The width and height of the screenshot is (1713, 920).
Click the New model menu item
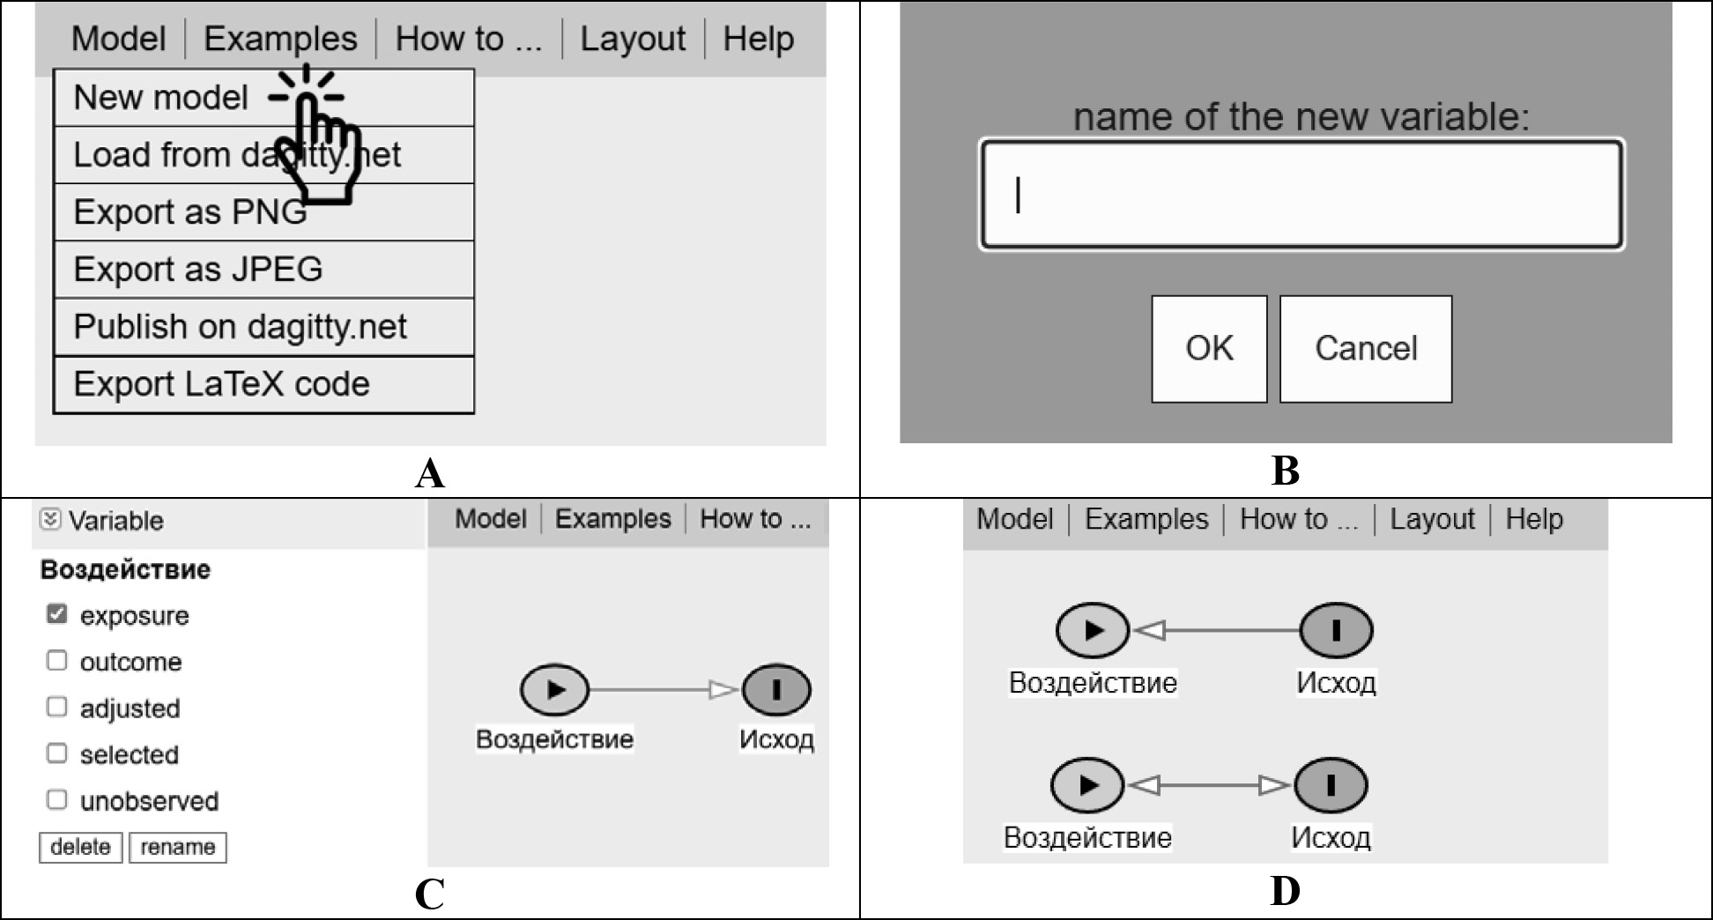[x=160, y=98]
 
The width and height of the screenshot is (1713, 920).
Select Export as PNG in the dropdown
[x=190, y=212]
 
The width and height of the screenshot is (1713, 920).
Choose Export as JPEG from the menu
[x=198, y=270]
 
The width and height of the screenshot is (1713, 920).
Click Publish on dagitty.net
[x=240, y=327]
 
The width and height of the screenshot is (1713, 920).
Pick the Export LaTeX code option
[x=221, y=384]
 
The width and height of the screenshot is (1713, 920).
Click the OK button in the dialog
[x=1209, y=349]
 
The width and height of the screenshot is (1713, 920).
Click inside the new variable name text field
[x=1301, y=195]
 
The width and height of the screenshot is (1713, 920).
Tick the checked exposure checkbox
[x=56, y=614]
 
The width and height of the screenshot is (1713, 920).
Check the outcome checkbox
[x=56, y=661]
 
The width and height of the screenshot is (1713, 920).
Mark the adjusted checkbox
[x=56, y=707]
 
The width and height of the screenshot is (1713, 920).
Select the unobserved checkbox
[x=56, y=799]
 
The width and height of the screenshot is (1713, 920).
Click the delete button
[x=80, y=847]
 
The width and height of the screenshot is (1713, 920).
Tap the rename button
[x=178, y=847]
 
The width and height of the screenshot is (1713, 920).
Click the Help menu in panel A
[x=758, y=39]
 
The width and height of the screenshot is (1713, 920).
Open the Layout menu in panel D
[x=1432, y=519]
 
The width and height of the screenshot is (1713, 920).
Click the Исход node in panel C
[x=776, y=689]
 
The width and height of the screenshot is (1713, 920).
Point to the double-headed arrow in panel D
[x=1209, y=784]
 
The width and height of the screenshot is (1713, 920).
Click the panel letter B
[x=1286, y=471]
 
